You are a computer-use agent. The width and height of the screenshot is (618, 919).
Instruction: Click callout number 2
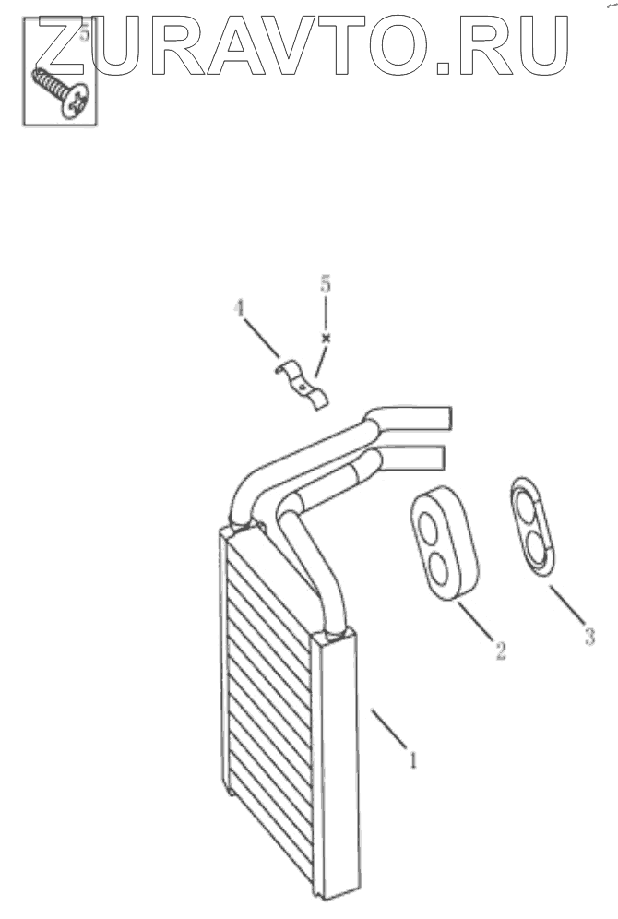500,651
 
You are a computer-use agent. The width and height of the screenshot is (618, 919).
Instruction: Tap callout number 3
589,635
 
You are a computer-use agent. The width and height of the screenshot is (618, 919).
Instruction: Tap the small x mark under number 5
325,339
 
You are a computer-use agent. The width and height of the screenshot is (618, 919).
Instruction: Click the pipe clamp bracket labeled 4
303,385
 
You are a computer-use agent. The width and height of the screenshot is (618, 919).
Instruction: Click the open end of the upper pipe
446,418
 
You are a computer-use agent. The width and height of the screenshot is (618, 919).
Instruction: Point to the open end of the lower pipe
437,457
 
